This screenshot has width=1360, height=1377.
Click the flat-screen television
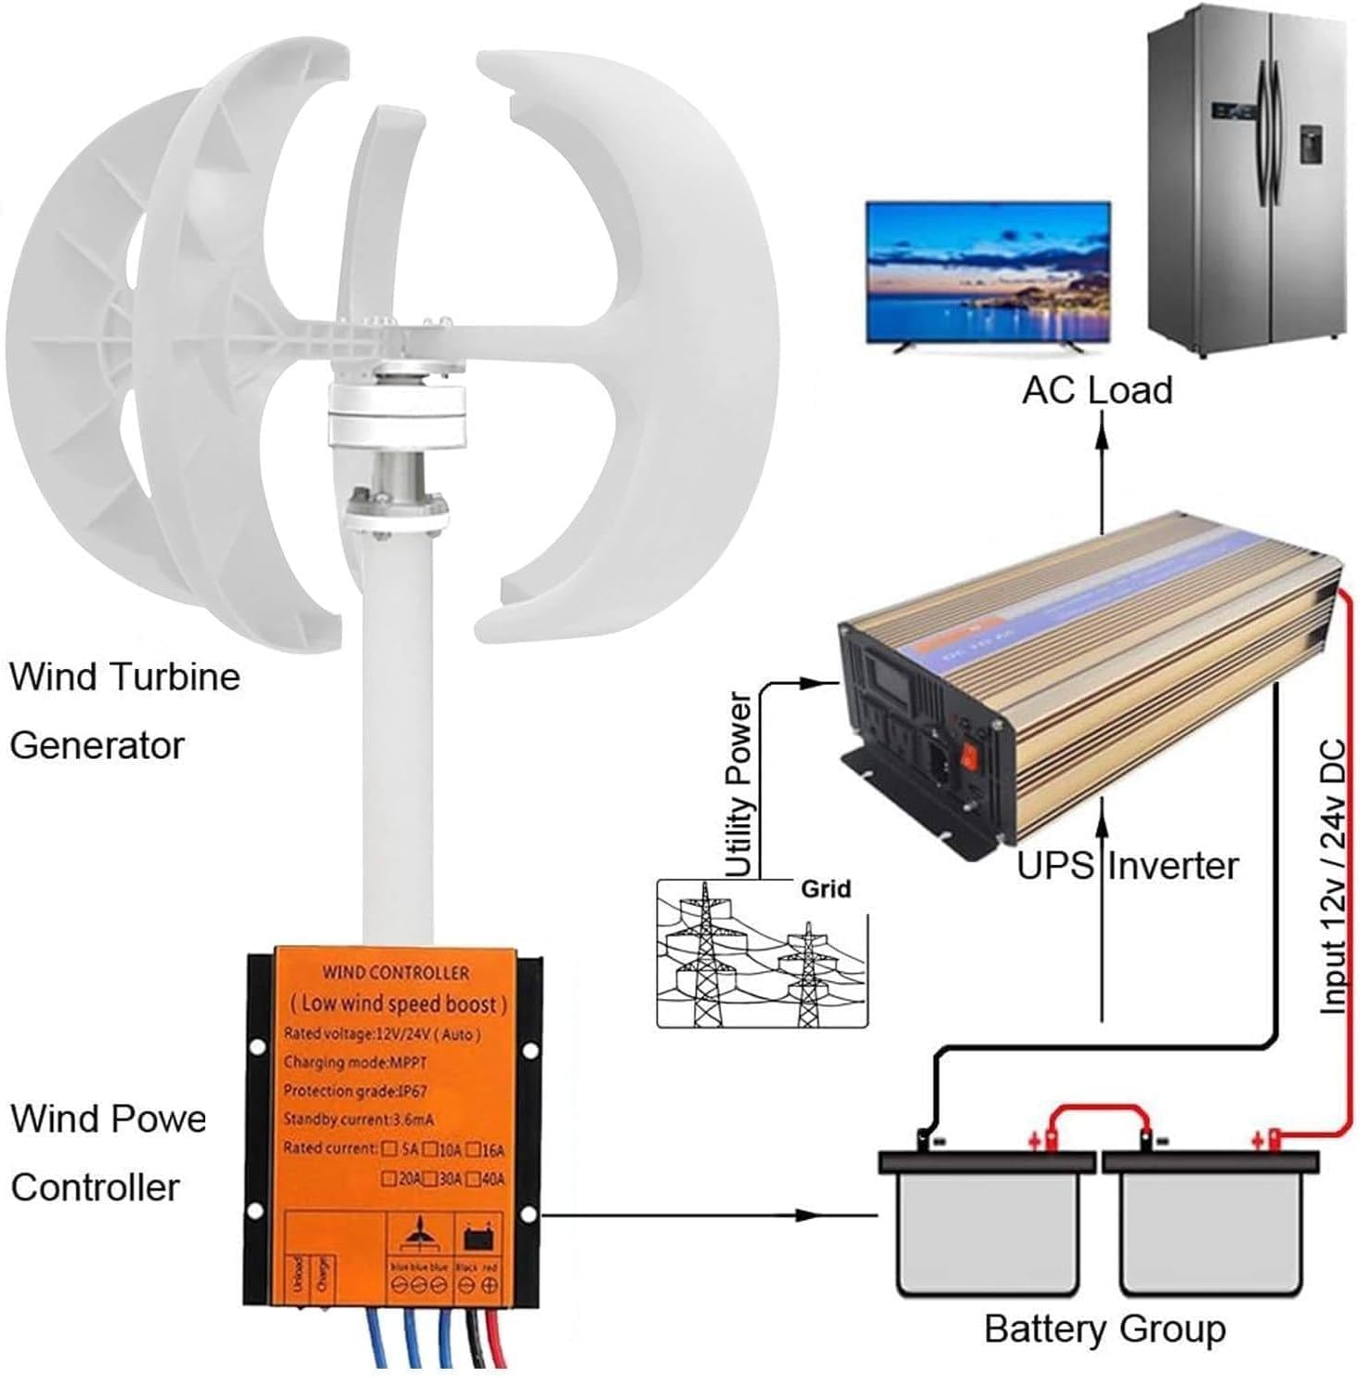pos(987,273)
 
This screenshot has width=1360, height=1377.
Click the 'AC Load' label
pos(1097,390)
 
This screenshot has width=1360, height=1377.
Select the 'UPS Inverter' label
pos(1128,866)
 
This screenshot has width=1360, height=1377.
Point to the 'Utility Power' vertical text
pos(739,784)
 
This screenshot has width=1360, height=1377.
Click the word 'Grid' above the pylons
pos(825,889)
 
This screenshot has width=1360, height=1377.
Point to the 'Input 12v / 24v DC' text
pos(1333,876)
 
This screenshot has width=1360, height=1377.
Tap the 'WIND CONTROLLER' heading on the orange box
pos(395,973)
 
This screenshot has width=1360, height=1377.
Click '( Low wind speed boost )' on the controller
pos(397,1003)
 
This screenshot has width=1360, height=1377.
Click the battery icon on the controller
pos(478,1239)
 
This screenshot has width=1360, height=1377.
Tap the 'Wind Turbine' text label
pos(124,676)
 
